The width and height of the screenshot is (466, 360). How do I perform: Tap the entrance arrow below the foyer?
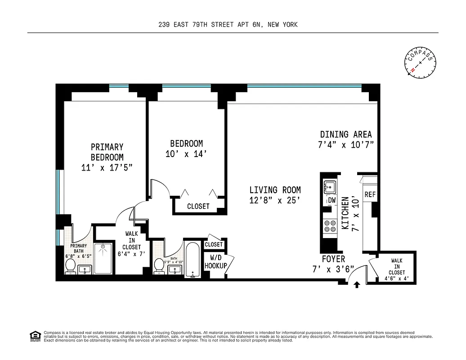click(357, 284)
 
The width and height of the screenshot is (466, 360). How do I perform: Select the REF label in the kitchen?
click(370, 194)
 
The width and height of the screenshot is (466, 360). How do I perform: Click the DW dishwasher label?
click(332, 200)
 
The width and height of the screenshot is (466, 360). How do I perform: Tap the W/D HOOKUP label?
click(216, 262)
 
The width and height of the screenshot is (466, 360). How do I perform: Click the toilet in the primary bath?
click(70, 267)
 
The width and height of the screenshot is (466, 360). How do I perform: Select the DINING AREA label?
click(346, 134)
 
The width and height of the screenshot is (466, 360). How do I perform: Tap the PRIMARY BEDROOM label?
click(107, 152)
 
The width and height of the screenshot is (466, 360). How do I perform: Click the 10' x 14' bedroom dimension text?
click(186, 154)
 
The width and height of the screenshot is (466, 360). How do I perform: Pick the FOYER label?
click(333, 259)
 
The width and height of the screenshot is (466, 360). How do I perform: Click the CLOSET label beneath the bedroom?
click(198, 206)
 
